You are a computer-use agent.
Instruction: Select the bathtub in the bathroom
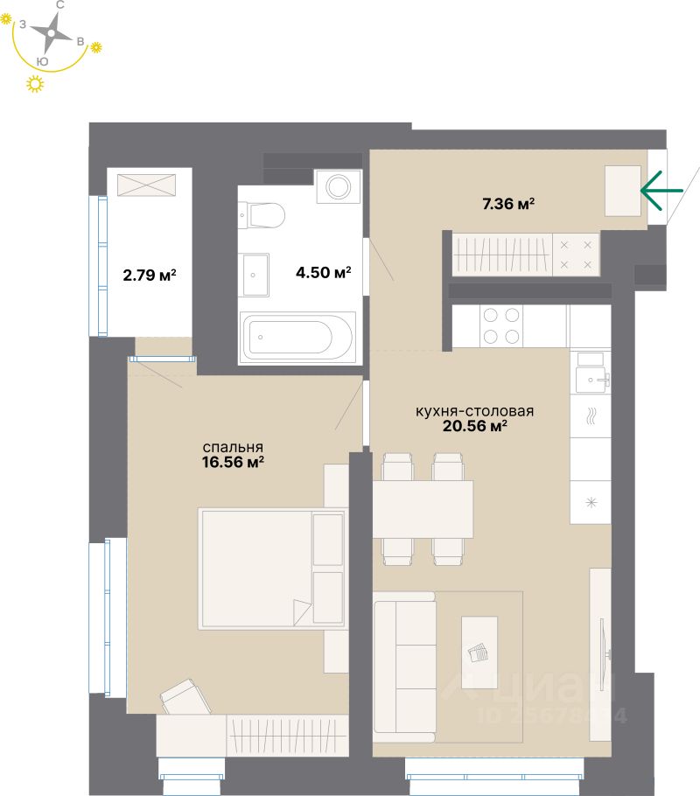pyautogui.click(x=298, y=336)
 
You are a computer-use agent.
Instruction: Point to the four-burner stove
pyautogui.click(x=500, y=325)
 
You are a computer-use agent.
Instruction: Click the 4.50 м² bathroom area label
pyautogui.click(x=323, y=273)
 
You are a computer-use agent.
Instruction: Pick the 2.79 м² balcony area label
pyautogui.click(x=149, y=274)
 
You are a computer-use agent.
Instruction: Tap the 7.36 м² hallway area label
pyautogui.click(x=507, y=205)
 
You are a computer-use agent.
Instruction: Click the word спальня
pyautogui.click(x=232, y=444)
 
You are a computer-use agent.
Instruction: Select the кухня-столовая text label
pyautogui.click(x=474, y=409)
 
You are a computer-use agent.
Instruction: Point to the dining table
pyautogui.click(x=423, y=509)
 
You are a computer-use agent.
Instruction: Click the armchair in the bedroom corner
pyautogui.click(x=186, y=697)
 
